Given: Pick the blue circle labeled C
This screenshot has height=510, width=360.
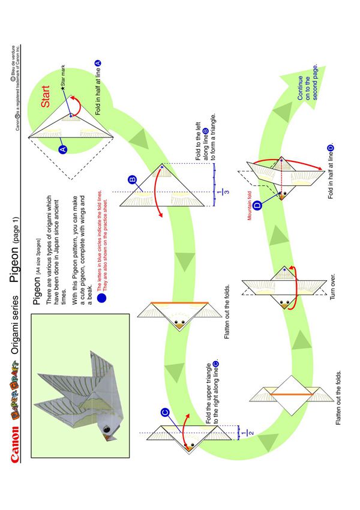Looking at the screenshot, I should pyautogui.click(x=165, y=412).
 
